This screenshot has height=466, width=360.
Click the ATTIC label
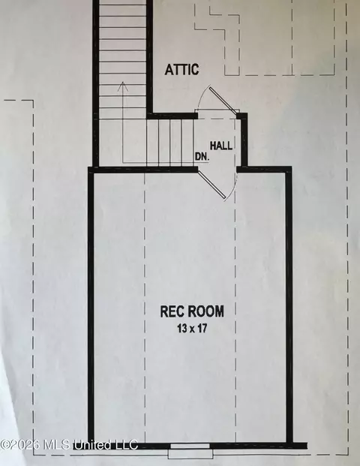(181, 70)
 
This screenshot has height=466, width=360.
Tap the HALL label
(221, 146)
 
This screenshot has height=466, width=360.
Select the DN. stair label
(202, 157)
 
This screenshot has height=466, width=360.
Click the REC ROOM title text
(192, 311)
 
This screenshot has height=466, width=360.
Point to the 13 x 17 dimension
(192, 329)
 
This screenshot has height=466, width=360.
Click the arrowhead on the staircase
(122, 86)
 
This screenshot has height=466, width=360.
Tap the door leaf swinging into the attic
(223, 100)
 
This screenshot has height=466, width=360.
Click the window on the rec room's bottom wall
(190, 446)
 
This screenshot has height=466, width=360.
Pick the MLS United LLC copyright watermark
(69, 445)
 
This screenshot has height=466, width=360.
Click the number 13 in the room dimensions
(181, 329)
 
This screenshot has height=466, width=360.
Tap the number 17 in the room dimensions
(202, 329)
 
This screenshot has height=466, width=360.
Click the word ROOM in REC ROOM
(205, 311)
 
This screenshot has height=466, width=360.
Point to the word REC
(172, 311)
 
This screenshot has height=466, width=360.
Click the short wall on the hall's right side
(244, 140)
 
